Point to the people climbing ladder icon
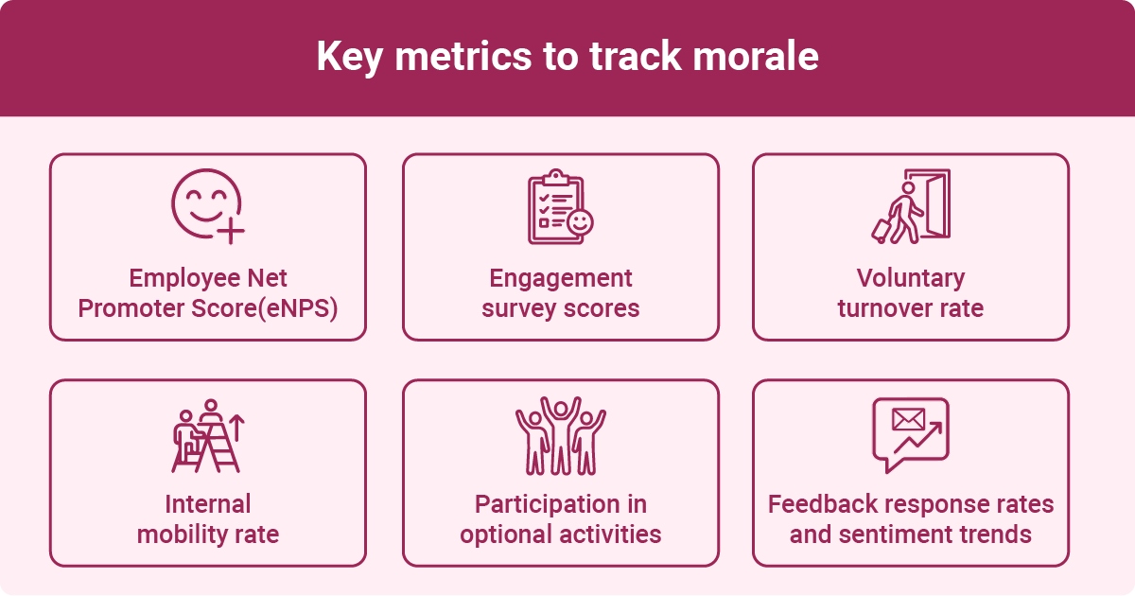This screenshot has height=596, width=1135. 207,435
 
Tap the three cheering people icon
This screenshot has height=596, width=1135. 560,435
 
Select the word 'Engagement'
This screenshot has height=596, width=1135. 561,278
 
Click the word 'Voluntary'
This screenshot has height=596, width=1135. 910,278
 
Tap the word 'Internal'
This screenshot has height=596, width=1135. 207,503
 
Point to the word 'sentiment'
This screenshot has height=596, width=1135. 898,535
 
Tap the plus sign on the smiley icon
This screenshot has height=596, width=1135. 230,231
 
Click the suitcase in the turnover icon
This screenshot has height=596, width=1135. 882,230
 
